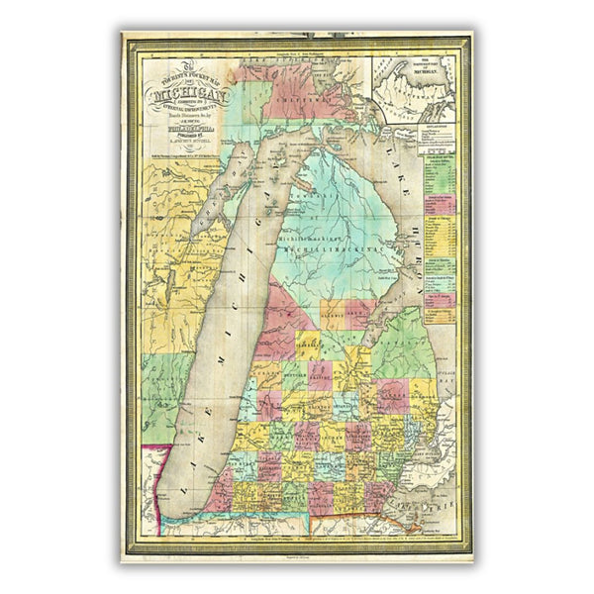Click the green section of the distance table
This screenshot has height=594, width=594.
(x=436, y=178)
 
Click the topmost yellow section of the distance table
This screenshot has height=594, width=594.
(x=436, y=159)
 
